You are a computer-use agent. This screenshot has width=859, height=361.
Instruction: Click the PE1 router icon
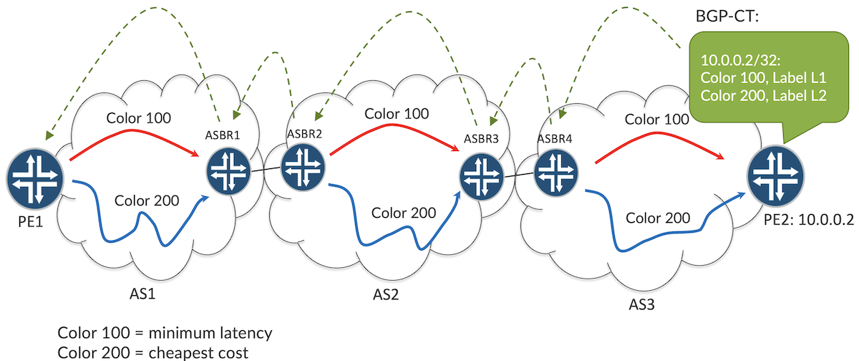click(35, 179)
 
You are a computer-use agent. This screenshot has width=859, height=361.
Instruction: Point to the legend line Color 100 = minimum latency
click(165, 334)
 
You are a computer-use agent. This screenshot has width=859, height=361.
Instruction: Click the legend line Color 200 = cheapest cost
click(153, 352)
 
